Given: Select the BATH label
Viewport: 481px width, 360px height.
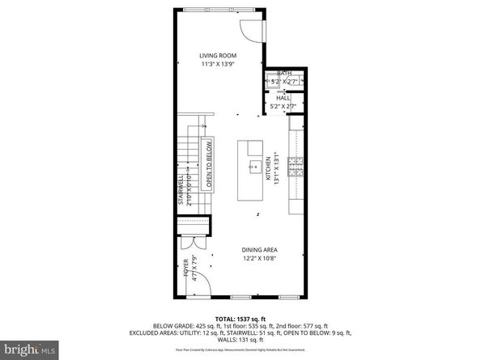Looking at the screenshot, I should coord(283,72).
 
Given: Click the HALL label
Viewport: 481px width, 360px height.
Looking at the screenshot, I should coord(283,98).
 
